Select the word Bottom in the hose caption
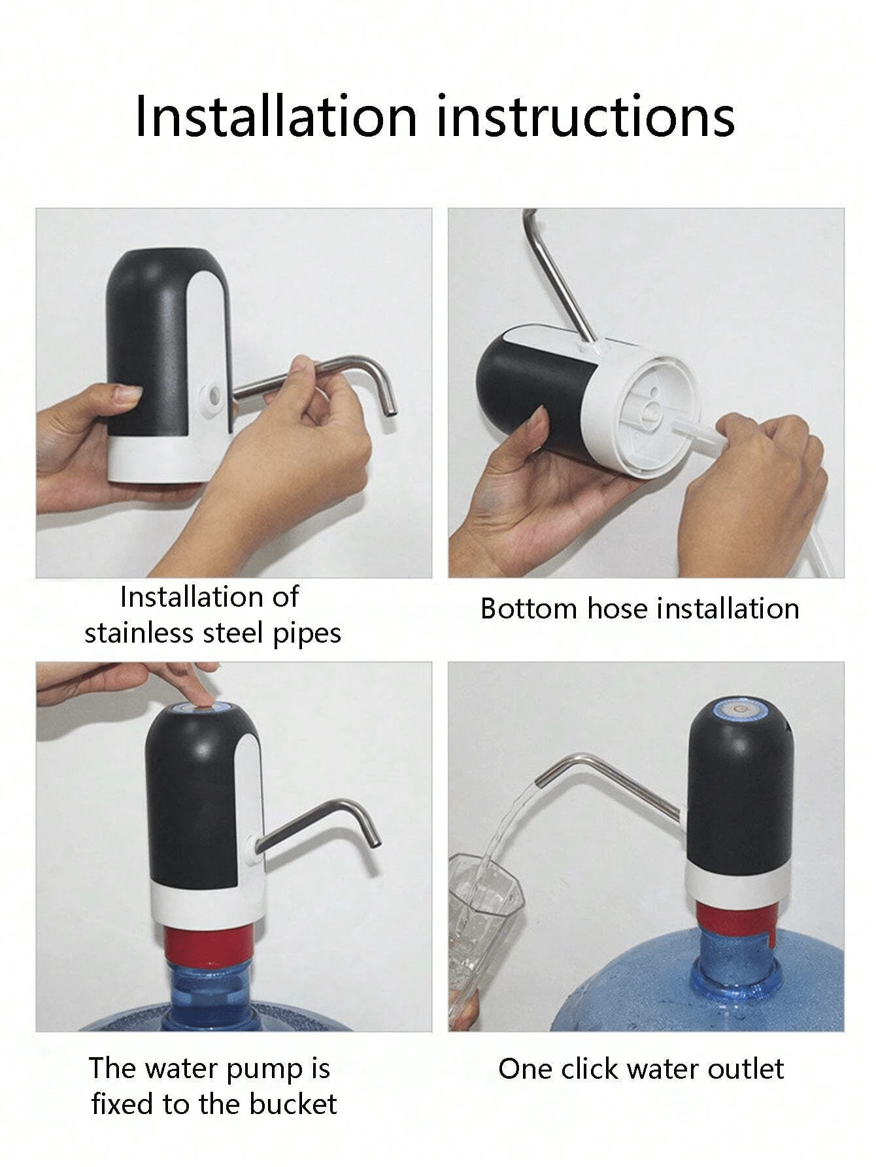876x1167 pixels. (528, 609)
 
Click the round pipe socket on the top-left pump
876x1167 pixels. (212, 396)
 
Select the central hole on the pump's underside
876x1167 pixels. (652, 413)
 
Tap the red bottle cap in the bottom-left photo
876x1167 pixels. (208, 946)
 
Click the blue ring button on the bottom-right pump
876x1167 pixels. (739, 710)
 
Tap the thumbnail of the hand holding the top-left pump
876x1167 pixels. (127, 394)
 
